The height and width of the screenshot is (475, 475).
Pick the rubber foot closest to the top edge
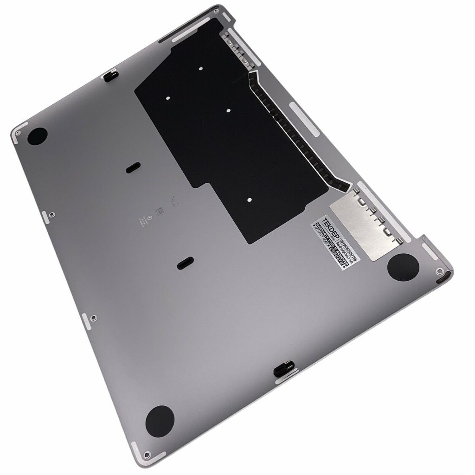(x=37, y=135)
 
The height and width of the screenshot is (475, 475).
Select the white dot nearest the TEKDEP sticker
(x=250, y=200)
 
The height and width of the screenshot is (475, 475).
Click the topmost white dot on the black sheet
(x=201, y=69)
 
